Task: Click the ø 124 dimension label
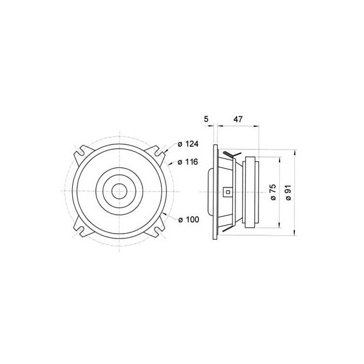(x=188, y=144)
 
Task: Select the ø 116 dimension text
(x=188, y=163)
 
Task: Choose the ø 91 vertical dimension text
(x=289, y=192)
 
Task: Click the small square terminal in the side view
(x=227, y=192)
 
